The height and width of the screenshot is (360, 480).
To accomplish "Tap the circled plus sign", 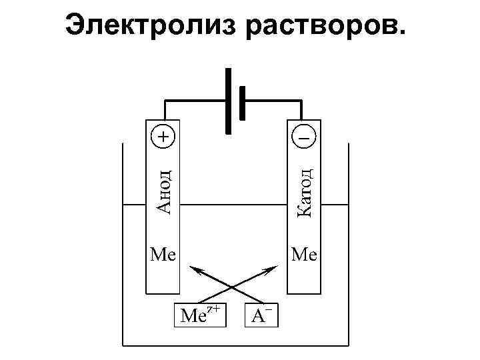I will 162,136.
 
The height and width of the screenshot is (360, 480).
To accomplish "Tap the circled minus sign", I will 303,136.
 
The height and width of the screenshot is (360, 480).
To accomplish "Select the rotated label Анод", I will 163,190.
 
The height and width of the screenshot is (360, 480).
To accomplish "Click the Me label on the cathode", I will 304,254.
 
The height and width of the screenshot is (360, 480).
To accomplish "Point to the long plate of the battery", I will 229,101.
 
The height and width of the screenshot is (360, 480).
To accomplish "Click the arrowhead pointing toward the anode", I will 195,269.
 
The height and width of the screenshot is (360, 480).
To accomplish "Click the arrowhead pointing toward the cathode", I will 271,269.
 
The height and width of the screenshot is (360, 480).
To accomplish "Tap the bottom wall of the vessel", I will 236,345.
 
